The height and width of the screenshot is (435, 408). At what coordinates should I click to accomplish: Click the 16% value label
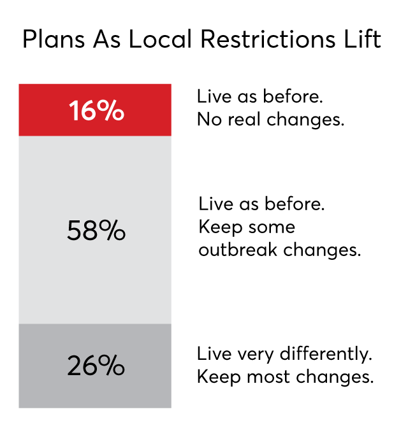(x=96, y=110)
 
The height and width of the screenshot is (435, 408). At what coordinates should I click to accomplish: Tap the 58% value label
(x=96, y=231)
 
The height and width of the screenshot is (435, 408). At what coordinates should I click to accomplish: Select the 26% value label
(x=96, y=366)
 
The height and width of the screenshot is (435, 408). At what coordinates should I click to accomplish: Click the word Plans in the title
(x=54, y=39)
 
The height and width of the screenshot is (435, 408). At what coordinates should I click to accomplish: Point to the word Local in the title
(x=160, y=39)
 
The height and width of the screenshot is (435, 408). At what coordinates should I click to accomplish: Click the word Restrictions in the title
(x=268, y=39)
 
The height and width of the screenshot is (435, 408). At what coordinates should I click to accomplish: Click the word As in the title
(x=107, y=39)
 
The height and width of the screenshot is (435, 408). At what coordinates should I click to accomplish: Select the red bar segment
(x=95, y=110)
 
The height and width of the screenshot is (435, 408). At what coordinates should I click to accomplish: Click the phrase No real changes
(x=270, y=120)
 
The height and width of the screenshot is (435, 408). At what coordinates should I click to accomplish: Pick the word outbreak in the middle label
(x=238, y=250)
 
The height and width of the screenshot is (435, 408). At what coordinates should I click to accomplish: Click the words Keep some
(x=247, y=227)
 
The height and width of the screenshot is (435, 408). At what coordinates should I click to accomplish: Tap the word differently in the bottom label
(x=326, y=354)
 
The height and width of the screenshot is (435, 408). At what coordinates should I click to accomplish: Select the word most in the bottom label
(x=268, y=377)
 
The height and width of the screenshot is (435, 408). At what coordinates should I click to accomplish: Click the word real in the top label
(x=244, y=120)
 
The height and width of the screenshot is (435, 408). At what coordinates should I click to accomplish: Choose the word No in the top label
(x=209, y=120)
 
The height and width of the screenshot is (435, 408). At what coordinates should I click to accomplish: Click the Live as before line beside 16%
(x=260, y=96)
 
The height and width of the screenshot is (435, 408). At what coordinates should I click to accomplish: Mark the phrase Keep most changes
(x=285, y=377)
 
